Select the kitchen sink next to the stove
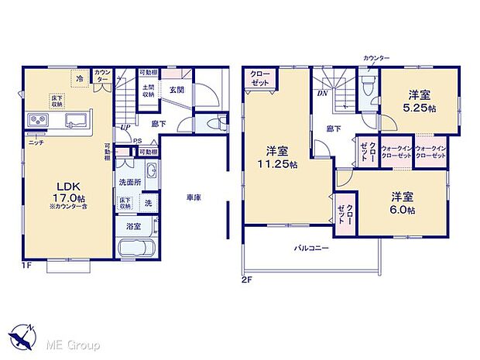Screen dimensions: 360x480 pyautogui.click(x=75, y=121)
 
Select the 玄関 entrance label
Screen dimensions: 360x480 pyautogui.click(x=177, y=89)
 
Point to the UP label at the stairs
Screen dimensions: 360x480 pyautogui.click(x=124, y=127)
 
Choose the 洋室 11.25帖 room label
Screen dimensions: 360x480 pyautogui.click(x=278, y=157)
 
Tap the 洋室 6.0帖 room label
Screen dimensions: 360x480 pyautogui.click(x=402, y=204)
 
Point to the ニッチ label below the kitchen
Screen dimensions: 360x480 pyautogui.click(x=36, y=142)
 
